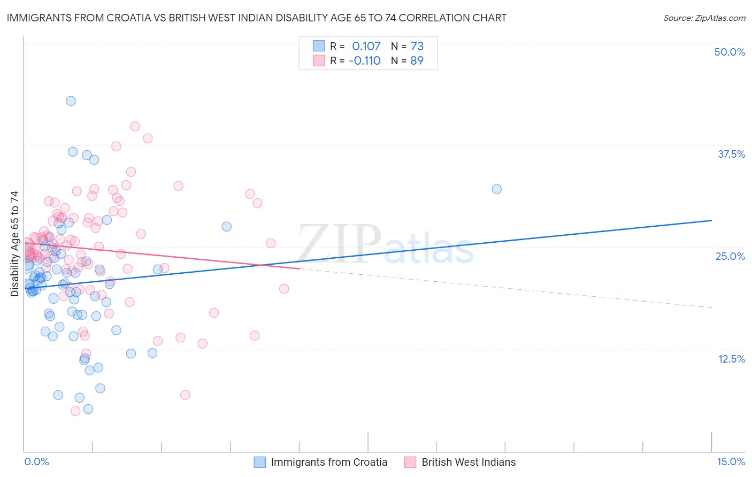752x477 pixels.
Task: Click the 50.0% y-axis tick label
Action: pyautogui.click(x=730, y=52)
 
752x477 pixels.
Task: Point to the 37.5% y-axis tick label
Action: pyautogui.click(x=731, y=154)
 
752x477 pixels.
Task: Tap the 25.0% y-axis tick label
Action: pyautogui.click(x=730, y=256)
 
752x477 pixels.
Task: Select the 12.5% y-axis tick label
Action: pyautogui.click(x=731, y=359)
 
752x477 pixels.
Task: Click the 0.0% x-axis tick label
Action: pyautogui.click(x=36, y=461)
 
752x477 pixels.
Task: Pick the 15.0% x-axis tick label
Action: pyautogui.click(x=731, y=461)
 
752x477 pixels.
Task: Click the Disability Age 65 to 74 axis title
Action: pyautogui.click(x=14, y=244)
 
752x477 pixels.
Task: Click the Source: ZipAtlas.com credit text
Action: pyautogui.click(x=704, y=18)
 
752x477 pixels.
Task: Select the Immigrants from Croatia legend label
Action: pyautogui.click(x=329, y=462)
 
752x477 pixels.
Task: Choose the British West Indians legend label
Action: pyautogui.click(x=469, y=462)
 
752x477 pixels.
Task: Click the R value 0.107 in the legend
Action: pyautogui.click(x=366, y=46)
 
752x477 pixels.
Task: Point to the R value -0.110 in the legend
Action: pyautogui.click(x=365, y=60)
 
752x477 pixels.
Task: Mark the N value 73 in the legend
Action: pyautogui.click(x=417, y=46)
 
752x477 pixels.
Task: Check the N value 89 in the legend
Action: pyautogui.click(x=417, y=60)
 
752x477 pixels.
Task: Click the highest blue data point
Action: pyautogui.click(x=71, y=101)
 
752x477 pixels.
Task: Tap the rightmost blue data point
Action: pyautogui.click(x=497, y=189)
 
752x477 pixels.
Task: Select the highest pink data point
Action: pyautogui.click(x=135, y=126)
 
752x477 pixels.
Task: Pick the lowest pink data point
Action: pyautogui.click(x=75, y=411)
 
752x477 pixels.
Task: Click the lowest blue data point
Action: pyautogui.click(x=88, y=409)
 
